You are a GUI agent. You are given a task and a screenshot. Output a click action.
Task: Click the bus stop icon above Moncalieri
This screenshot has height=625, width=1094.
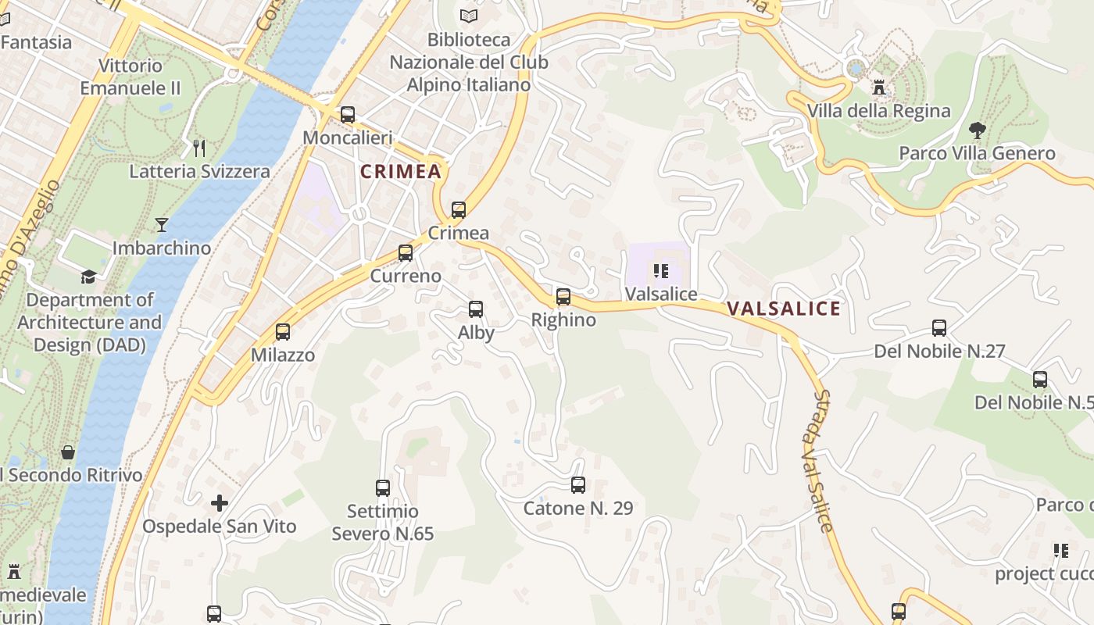coord(348,115)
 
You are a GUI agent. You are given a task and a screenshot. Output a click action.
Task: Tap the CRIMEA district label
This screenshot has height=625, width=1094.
coord(401,172)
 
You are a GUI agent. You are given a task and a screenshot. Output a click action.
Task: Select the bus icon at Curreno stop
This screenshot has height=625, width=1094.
coord(406,253)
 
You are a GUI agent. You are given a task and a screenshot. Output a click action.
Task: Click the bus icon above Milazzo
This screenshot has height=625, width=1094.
coord(283,332)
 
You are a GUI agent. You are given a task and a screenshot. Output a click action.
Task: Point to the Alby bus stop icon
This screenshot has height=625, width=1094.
coord(476,309)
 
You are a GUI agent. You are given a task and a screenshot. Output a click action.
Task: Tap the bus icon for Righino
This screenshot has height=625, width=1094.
coord(563,297)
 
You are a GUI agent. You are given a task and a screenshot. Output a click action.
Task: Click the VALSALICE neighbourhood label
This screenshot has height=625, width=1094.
coord(784,309)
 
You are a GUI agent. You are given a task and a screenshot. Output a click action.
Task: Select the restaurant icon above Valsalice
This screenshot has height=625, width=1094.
coord(661,271)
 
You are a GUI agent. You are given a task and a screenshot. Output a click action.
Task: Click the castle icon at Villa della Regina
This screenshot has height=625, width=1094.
coord(879,87)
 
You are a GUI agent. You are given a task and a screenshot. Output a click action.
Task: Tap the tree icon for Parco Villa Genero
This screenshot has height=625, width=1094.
coord(977,130)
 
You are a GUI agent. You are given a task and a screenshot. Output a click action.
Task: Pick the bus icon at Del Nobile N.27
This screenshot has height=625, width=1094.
coord(939,328)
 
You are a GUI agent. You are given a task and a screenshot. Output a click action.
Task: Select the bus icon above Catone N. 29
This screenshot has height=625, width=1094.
coord(578,485)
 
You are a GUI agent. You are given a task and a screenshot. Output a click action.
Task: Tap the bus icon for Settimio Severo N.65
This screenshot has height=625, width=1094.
coord(383,488)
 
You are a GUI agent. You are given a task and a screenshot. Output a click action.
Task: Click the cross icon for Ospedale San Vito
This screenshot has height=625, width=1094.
coord(220,502)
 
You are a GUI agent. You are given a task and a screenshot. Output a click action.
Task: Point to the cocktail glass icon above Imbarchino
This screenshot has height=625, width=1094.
coord(162,225)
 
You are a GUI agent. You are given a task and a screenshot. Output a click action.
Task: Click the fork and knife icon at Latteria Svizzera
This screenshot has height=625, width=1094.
coord(199,148)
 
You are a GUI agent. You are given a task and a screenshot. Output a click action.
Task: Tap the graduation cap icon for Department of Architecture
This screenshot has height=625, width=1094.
coord(89,277)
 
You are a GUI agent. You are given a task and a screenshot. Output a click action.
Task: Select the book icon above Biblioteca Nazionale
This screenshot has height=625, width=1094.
coord(469,16)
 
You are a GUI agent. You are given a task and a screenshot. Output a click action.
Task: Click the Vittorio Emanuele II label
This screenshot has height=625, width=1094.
coord(130,77)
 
